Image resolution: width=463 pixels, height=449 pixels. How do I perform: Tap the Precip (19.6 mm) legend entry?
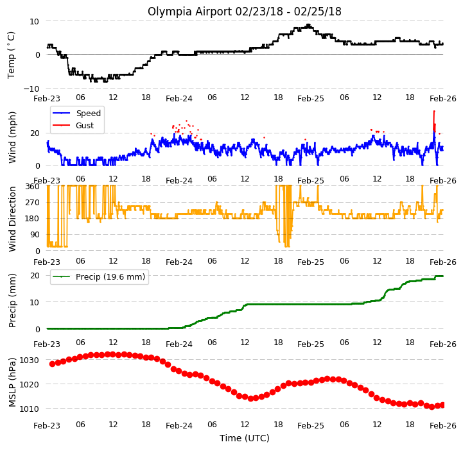click(x=99, y=276)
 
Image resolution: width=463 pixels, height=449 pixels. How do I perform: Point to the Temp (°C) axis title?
click(x=11, y=55)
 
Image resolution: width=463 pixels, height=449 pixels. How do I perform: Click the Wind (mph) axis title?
click(x=12, y=137)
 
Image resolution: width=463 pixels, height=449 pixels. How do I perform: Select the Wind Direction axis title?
click(x=12, y=219)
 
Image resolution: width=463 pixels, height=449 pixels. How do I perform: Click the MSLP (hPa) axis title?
click(x=12, y=383)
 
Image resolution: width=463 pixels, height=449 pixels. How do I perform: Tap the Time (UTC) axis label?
click(x=245, y=438)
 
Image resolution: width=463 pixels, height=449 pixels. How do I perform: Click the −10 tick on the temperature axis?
click(x=31, y=89)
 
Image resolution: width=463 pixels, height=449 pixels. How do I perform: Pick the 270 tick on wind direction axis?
click(x=33, y=203)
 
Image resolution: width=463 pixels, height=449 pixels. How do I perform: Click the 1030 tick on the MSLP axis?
click(x=29, y=360)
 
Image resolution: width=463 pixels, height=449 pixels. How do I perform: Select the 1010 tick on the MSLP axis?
click(x=29, y=409)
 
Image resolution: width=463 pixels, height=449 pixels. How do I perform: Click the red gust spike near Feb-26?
click(x=434, y=121)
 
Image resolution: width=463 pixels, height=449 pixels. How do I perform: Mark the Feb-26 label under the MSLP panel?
click(x=443, y=426)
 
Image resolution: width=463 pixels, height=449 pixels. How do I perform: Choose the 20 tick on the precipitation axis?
click(x=35, y=276)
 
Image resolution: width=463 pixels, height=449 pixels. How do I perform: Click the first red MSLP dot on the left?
click(x=52, y=364)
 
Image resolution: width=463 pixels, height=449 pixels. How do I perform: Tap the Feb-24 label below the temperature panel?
click(x=179, y=99)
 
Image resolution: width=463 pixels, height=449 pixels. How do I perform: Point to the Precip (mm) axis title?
click(x=12, y=301)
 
